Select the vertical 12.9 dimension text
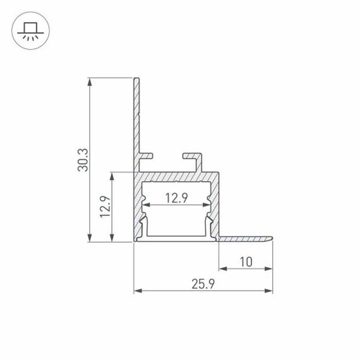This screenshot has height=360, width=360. (x=105, y=207)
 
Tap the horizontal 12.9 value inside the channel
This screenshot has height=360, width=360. (x=176, y=198)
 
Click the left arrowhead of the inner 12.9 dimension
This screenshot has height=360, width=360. (x=146, y=206)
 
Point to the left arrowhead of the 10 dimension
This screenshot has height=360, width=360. (x=222, y=269)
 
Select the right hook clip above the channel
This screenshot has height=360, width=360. (x=193, y=155)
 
